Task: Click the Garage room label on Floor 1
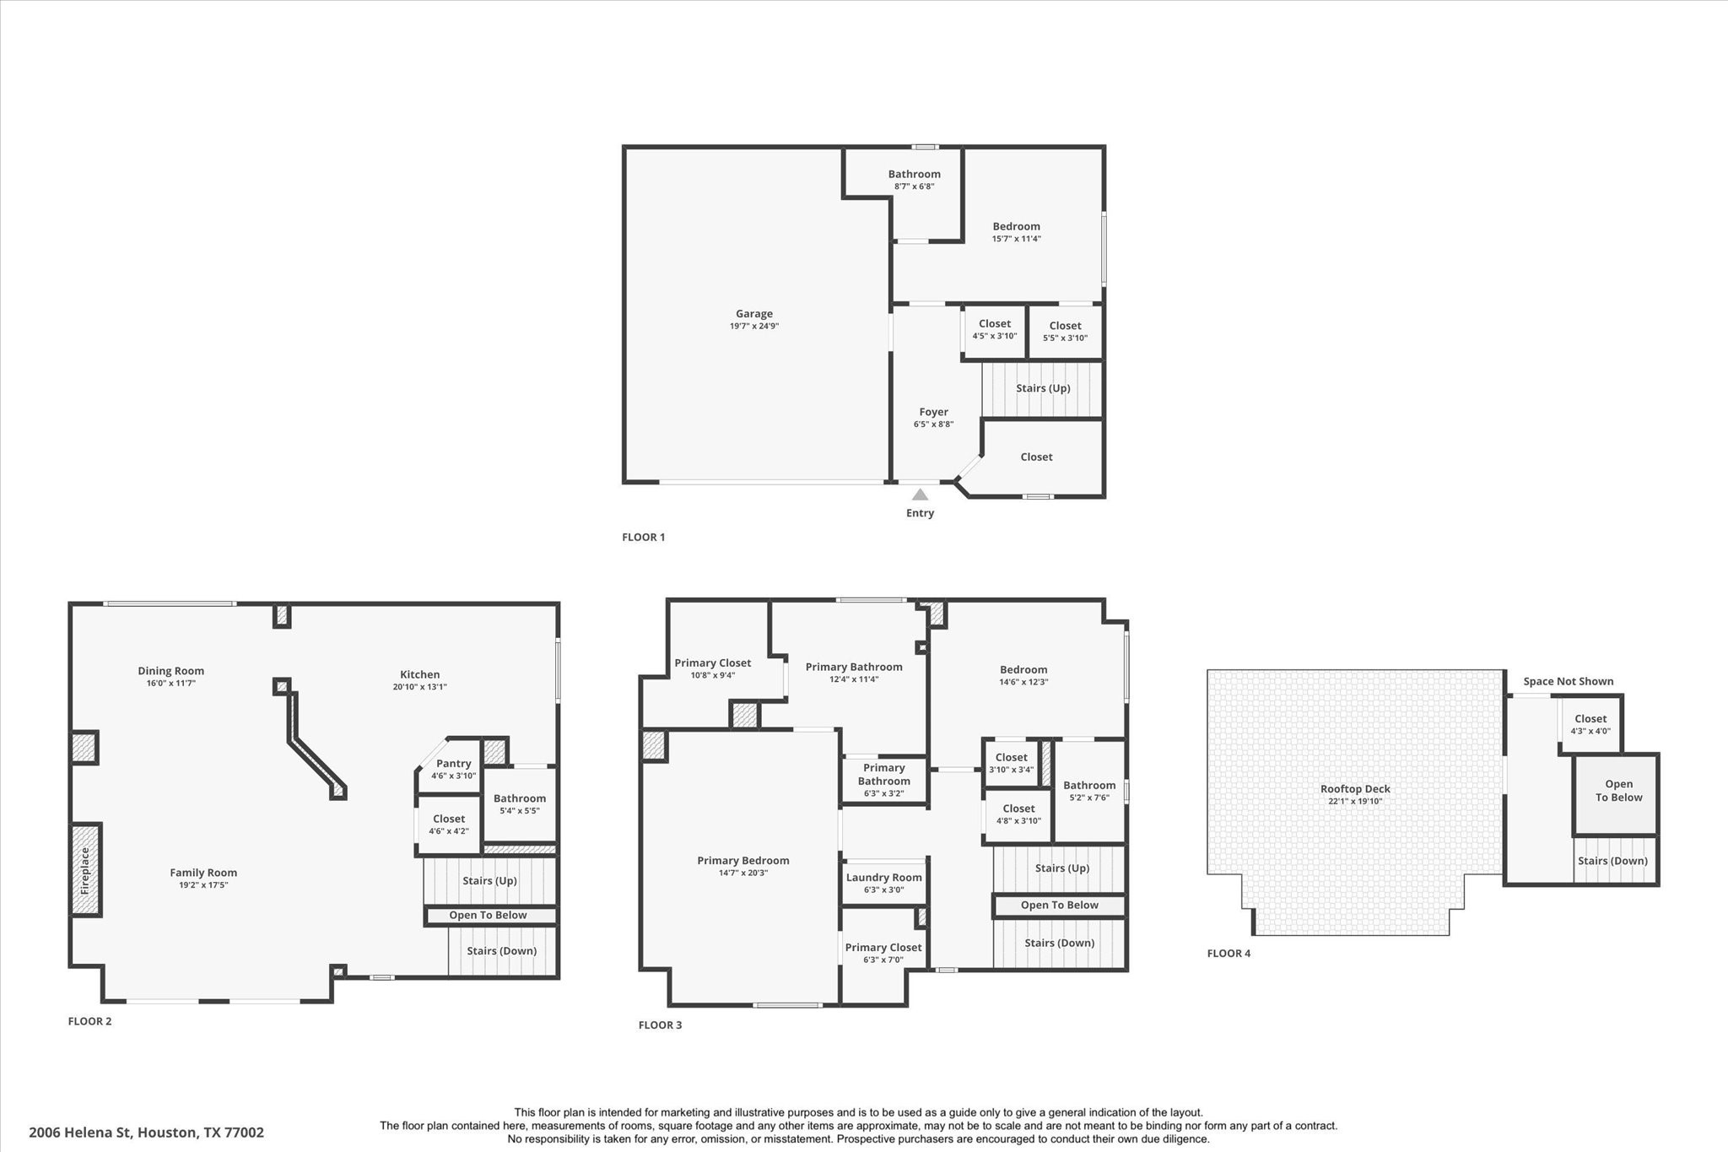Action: pyautogui.click(x=753, y=314)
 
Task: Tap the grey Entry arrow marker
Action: pyautogui.click(x=920, y=495)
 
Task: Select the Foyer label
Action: pyautogui.click(x=933, y=412)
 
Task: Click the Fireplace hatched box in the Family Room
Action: pyautogui.click(x=85, y=870)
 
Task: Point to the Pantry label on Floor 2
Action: pyautogui.click(x=453, y=764)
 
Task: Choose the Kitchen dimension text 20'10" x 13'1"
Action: pyautogui.click(x=419, y=687)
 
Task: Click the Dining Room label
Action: pyautogui.click(x=171, y=671)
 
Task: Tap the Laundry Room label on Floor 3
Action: pyautogui.click(x=883, y=878)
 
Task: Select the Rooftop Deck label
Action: pyautogui.click(x=1355, y=789)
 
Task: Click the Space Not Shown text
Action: pyautogui.click(x=1568, y=681)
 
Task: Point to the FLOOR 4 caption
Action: pyautogui.click(x=1228, y=954)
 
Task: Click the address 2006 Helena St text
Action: pyautogui.click(x=146, y=1133)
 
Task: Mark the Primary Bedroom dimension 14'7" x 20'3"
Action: pyautogui.click(x=742, y=873)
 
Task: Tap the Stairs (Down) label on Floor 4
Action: pyautogui.click(x=1612, y=861)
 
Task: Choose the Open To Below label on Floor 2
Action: pyautogui.click(x=488, y=915)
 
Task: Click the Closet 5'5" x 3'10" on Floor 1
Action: pyautogui.click(x=1065, y=331)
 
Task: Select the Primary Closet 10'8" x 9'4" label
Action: pyautogui.click(x=712, y=663)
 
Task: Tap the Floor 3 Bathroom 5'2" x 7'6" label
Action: pyautogui.click(x=1089, y=786)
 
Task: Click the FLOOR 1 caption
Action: pyautogui.click(x=643, y=537)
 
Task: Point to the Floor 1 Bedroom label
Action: pyautogui.click(x=1016, y=226)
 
